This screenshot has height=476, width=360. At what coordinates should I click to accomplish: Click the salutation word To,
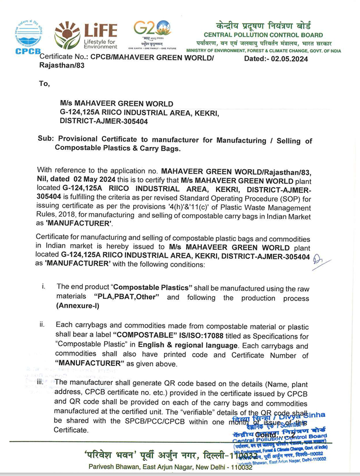click(44, 84)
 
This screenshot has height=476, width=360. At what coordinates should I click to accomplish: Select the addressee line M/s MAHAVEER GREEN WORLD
click(116, 104)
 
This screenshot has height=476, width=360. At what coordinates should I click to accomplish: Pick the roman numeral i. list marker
click(44, 286)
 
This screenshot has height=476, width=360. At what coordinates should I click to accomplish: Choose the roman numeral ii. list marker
click(42, 325)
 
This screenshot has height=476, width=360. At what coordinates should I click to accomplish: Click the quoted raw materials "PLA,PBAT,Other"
click(126, 297)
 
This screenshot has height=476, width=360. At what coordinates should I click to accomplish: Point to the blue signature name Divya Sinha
click(304, 415)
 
